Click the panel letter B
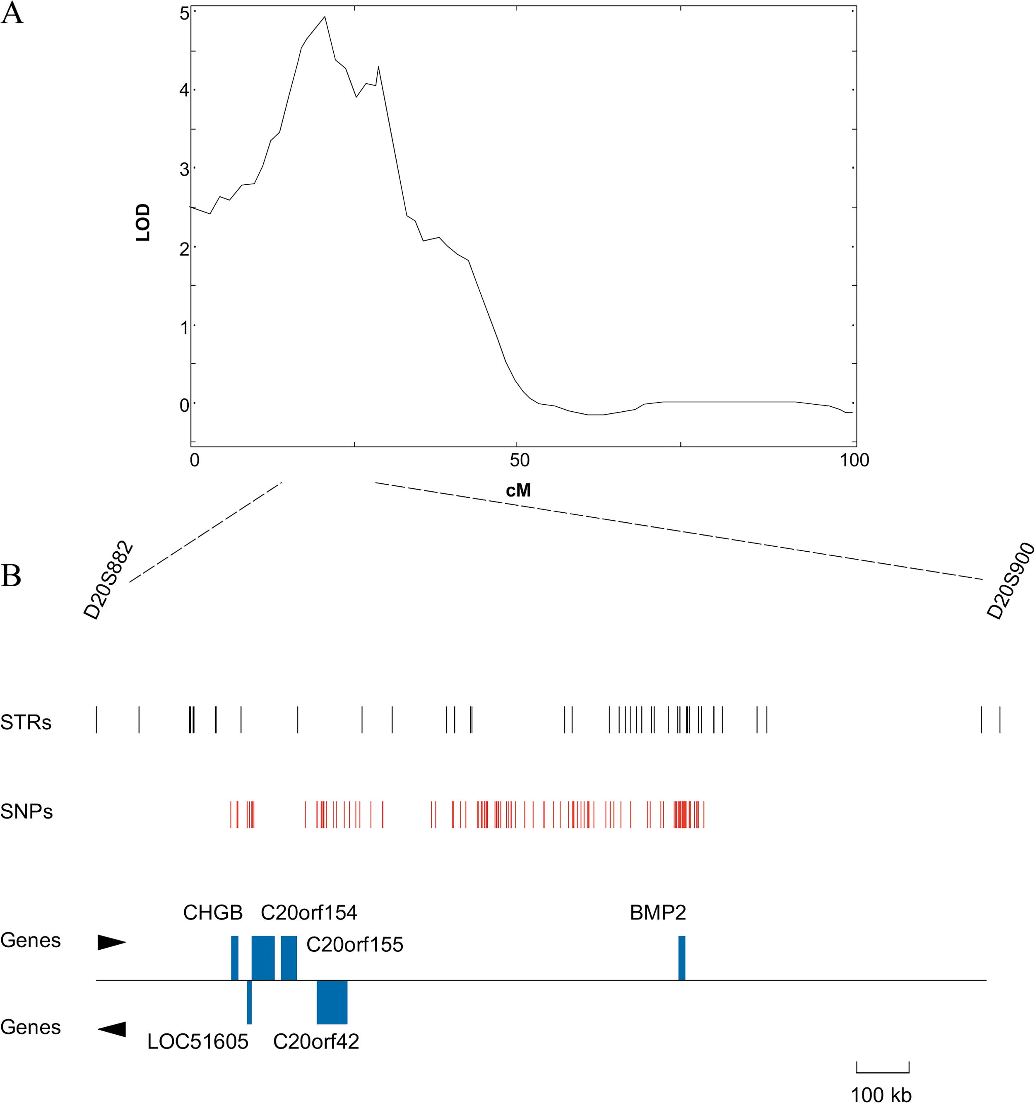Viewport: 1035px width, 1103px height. [x=11, y=576]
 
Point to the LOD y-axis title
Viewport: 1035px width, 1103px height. [x=143, y=222]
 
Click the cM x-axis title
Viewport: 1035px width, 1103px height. [x=518, y=490]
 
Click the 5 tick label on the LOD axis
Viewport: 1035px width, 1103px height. [x=184, y=13]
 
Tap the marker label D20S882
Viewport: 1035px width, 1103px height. [x=109, y=580]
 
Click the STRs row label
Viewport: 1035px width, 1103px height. [x=26, y=723]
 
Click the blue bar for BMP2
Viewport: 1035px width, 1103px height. [x=682, y=958]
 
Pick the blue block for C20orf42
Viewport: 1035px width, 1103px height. [x=332, y=1002]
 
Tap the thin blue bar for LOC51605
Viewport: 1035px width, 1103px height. [x=249, y=1002]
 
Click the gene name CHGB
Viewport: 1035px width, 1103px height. [x=213, y=913]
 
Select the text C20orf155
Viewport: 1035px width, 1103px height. [x=354, y=945]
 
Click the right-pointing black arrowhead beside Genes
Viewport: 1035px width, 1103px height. [x=111, y=943]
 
